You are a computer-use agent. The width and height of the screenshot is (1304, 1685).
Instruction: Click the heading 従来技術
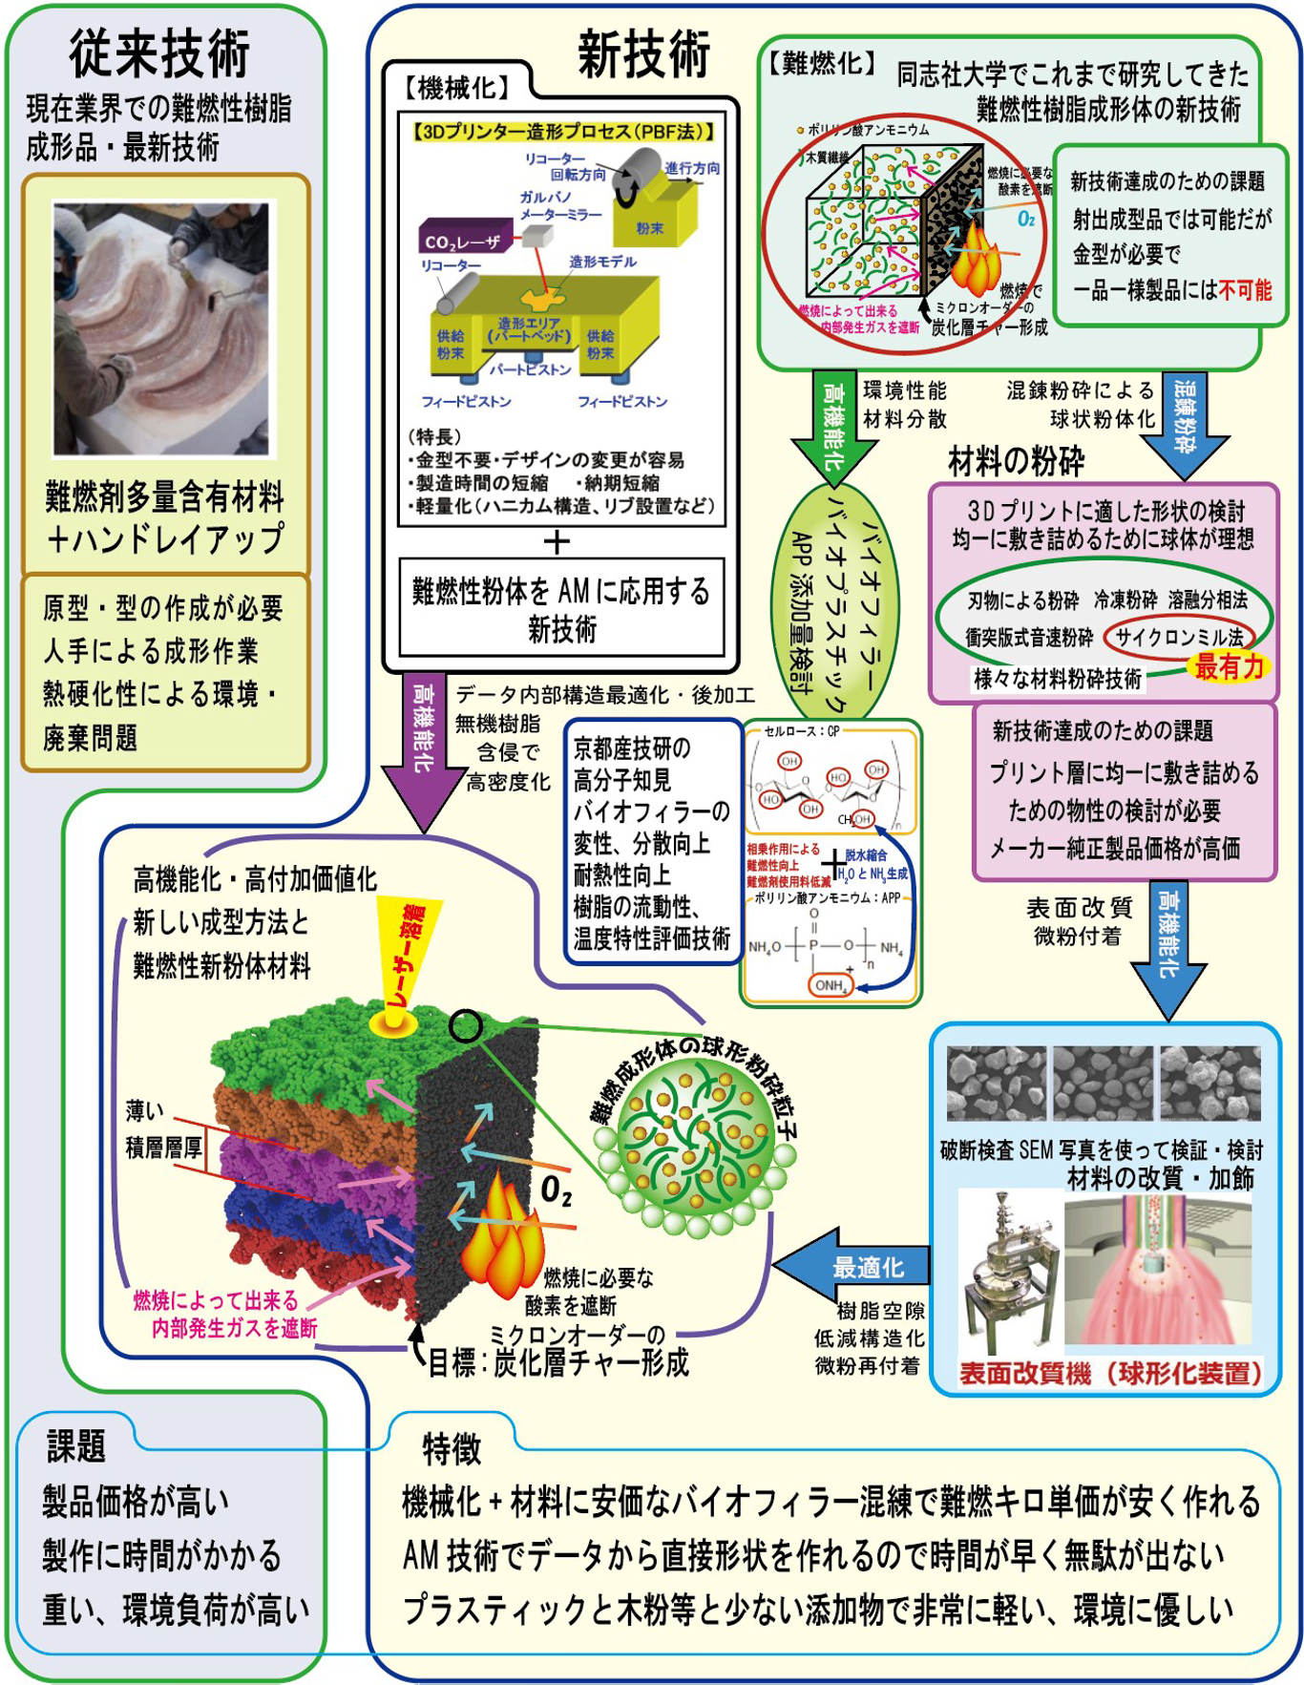click(x=159, y=53)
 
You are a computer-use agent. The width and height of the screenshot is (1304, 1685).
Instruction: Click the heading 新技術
click(x=643, y=53)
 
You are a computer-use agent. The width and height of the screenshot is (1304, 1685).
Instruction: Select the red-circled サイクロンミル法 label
click(x=1180, y=637)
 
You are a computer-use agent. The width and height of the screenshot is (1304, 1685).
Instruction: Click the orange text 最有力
click(x=1230, y=666)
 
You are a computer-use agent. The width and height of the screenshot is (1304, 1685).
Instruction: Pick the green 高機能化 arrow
click(x=833, y=426)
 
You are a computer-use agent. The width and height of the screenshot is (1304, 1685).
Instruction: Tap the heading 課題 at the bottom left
click(x=75, y=1445)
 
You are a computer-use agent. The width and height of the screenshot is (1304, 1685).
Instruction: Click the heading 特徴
click(x=452, y=1448)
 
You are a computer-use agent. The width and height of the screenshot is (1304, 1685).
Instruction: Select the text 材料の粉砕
click(x=1016, y=462)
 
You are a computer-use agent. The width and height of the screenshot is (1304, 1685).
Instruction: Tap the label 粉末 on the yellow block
click(x=650, y=228)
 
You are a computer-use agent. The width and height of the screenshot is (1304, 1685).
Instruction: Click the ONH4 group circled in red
click(x=830, y=985)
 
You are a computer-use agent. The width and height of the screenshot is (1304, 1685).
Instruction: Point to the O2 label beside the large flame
click(x=557, y=1190)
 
